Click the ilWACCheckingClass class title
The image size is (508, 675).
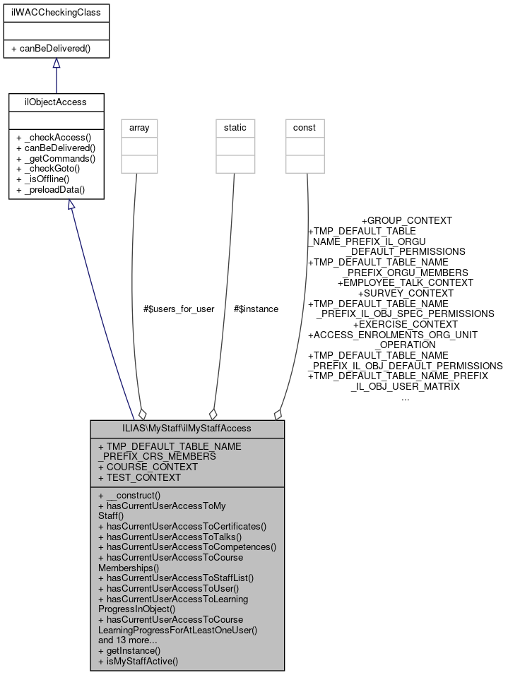tap(57, 13)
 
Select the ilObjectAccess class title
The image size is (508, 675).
tap(57, 102)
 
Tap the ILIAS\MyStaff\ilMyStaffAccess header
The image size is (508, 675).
tap(187, 429)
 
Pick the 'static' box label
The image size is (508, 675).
tap(235, 128)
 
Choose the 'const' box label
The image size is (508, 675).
tap(305, 128)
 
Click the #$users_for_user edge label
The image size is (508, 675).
tap(179, 309)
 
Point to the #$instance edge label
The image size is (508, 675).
tap(256, 309)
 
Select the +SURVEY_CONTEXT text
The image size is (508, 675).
tap(406, 292)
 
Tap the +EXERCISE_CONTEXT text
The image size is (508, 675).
tap(406, 323)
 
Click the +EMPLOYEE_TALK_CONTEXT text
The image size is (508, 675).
tap(406, 282)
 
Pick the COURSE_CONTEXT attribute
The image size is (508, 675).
tap(148, 467)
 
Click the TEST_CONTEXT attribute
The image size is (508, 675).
tap(141, 477)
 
